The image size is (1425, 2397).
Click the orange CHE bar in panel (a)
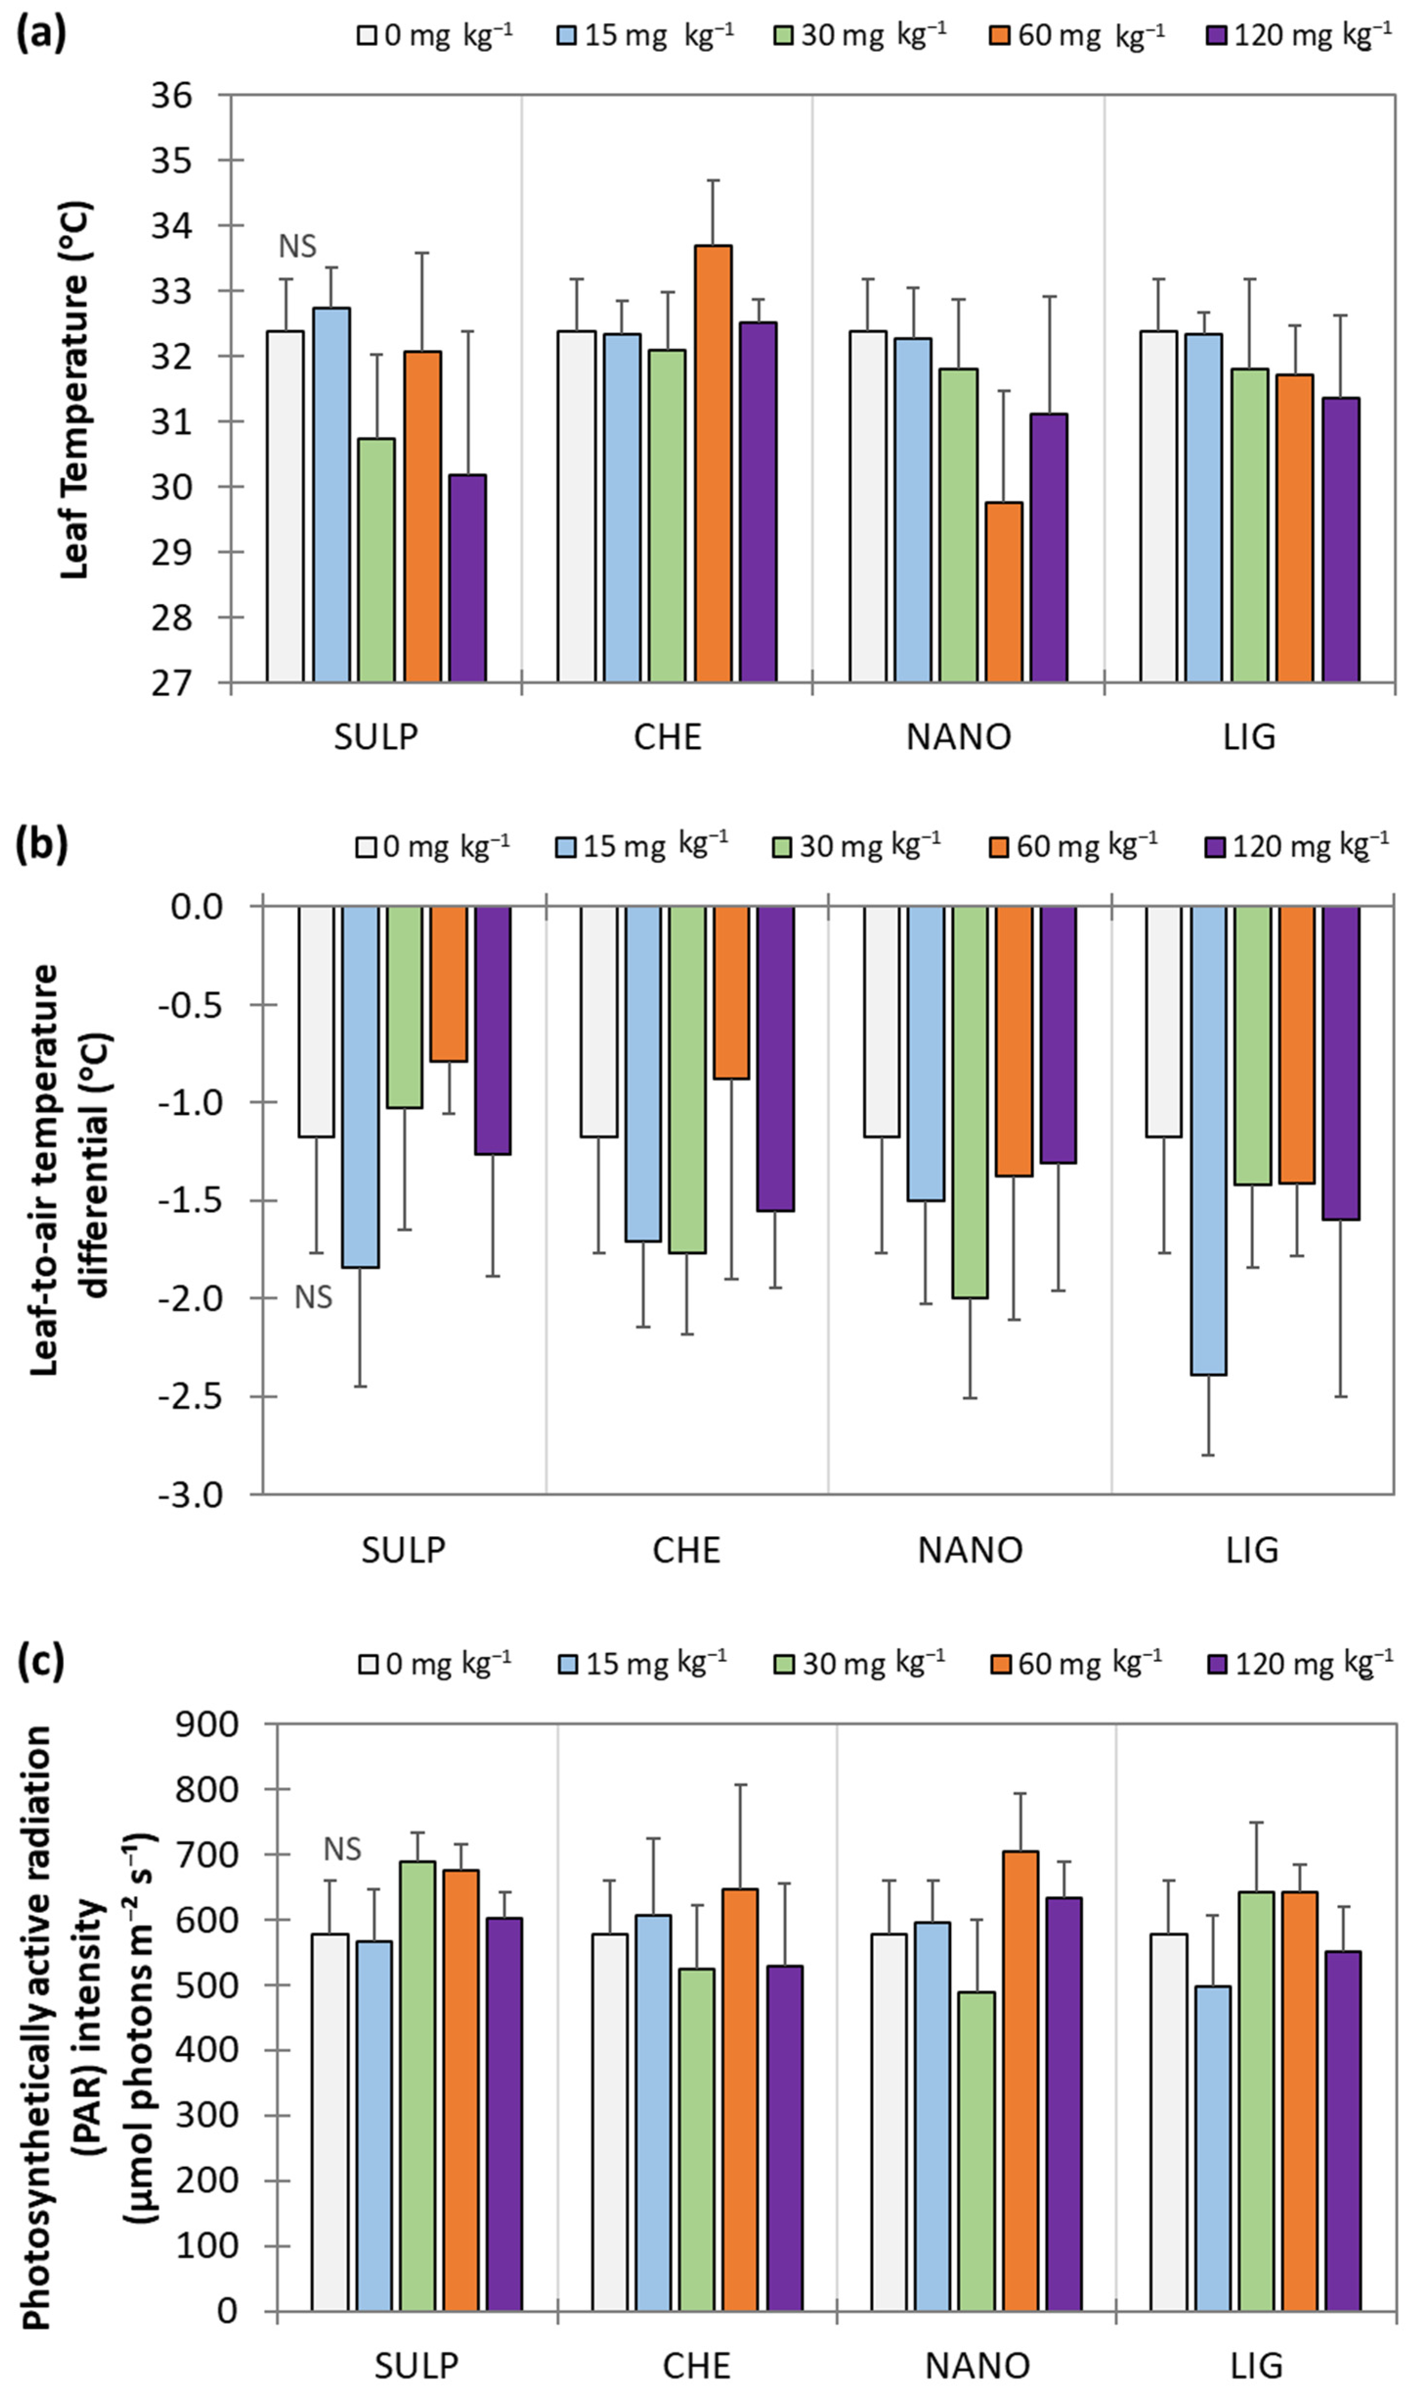713,464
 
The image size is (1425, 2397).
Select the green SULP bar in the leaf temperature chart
377,560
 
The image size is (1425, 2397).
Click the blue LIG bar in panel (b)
1209,1140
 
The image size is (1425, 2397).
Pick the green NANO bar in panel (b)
970,1101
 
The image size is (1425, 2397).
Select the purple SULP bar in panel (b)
492,1029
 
